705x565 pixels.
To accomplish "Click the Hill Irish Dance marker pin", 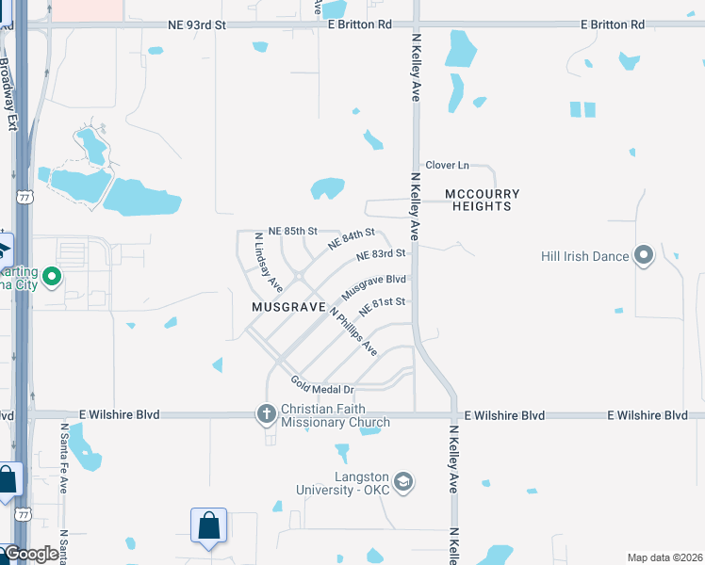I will (645, 255).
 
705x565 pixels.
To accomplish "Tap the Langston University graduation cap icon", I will (403, 482).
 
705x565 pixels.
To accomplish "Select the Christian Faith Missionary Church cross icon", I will (266, 413).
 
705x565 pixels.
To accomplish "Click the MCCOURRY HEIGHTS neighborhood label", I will (482, 200).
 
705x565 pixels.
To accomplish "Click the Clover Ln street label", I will (447, 165).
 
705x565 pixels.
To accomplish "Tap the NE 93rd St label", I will (197, 24).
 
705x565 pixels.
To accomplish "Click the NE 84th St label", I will (352, 238).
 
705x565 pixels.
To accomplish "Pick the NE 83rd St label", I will (381, 254).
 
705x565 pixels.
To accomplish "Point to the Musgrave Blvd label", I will (373, 287).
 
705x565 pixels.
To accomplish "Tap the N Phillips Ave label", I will (353, 331).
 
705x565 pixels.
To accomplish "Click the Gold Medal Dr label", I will (321, 384).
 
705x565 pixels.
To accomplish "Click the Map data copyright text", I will (664, 557).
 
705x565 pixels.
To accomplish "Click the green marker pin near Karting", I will (53, 277).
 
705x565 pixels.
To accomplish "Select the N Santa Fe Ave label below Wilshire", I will (63, 458).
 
